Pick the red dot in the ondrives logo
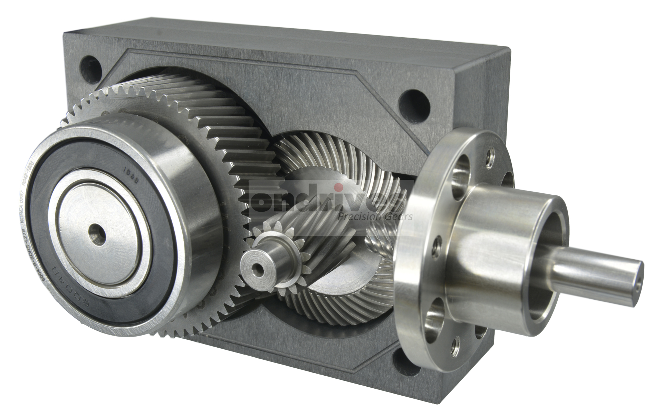coord(340,187)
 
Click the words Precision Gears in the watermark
coord(375,217)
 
